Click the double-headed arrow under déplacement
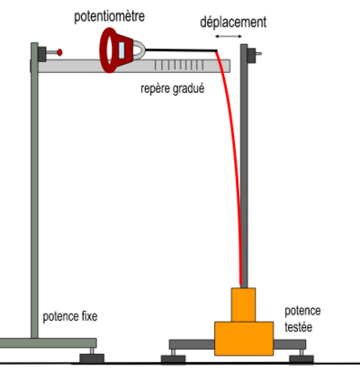(x=230, y=36)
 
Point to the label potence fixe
(x=70, y=317)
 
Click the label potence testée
(x=302, y=318)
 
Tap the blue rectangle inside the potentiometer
(x=119, y=50)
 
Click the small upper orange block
(x=244, y=305)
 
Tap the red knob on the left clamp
(x=60, y=52)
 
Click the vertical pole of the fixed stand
(x=35, y=198)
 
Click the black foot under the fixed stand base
(x=91, y=359)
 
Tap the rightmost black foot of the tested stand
(x=301, y=359)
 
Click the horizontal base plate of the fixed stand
(x=45, y=342)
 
